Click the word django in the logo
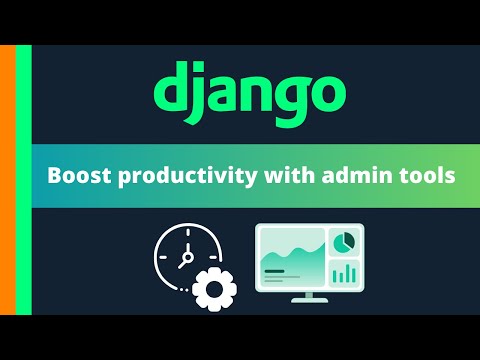tap(249, 92)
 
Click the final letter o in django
tap(326, 95)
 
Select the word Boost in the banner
tap(76, 176)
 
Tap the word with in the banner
tap(267, 176)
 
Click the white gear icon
tap(211, 290)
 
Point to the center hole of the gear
tap(211, 290)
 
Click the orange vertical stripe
tap(7, 180)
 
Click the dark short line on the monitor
tap(277, 270)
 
